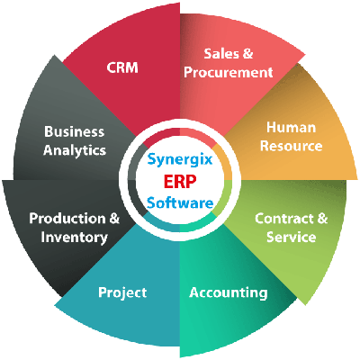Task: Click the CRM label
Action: [122, 67]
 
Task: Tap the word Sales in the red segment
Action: [221, 54]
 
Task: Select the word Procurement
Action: [229, 72]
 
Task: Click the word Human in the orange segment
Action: [291, 127]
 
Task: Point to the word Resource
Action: [291, 146]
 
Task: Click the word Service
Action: [291, 237]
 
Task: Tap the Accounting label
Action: [229, 292]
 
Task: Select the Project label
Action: [122, 292]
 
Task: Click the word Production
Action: [67, 219]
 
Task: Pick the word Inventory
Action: [74, 238]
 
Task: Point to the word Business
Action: [75, 131]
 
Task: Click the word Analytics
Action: [75, 150]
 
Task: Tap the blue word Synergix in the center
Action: [180, 159]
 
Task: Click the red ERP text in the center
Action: [180, 182]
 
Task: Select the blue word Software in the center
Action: [180, 203]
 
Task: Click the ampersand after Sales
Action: [247, 54]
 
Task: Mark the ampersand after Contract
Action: [322, 219]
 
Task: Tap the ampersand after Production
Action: [114, 219]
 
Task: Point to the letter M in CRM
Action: [131, 67]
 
